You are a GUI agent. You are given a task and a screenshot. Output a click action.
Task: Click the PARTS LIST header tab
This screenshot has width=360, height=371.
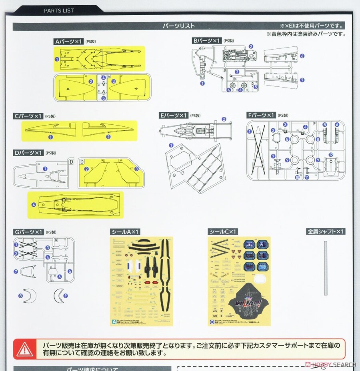[58, 10]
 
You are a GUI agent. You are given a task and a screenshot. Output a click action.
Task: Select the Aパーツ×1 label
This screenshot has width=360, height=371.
[68, 41]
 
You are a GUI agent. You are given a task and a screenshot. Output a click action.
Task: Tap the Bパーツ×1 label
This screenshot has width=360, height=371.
[207, 41]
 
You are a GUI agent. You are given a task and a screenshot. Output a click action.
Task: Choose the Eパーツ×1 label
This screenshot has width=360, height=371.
[174, 115]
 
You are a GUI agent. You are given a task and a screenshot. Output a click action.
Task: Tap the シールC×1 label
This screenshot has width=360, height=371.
[223, 231]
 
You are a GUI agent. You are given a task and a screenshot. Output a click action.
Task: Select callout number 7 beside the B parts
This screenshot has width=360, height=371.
[302, 80]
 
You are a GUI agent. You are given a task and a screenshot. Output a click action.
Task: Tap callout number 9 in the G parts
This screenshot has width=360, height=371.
[66, 296]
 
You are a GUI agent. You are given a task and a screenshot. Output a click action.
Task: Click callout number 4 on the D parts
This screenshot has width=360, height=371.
[34, 205]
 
